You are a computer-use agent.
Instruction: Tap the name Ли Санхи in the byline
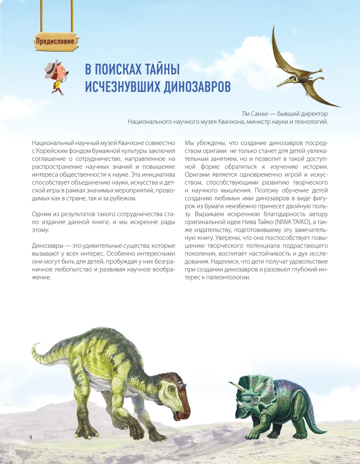pyautogui.click(x=257, y=113)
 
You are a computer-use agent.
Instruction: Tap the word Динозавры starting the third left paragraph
pyautogui.click(x=47, y=245)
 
